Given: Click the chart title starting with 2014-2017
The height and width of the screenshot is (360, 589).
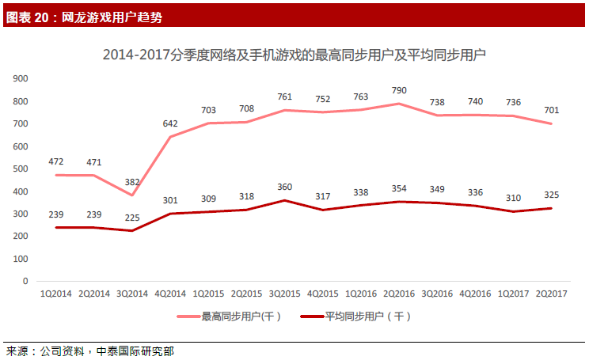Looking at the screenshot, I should [x=294, y=55].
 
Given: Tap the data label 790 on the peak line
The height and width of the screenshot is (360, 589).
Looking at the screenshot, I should [x=399, y=89].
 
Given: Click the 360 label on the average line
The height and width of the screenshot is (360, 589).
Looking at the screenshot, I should [x=284, y=187].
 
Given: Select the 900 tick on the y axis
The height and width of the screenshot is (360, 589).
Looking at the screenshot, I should [x=21, y=78].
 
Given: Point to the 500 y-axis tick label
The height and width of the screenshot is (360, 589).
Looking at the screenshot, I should [x=21, y=169].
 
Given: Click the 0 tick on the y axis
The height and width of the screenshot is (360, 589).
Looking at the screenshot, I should [x=25, y=281].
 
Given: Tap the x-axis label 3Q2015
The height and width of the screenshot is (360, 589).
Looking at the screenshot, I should [x=285, y=294].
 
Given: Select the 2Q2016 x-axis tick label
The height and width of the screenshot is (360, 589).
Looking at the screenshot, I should [x=400, y=294].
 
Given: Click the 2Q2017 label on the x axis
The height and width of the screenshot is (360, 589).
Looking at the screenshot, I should [x=553, y=294].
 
